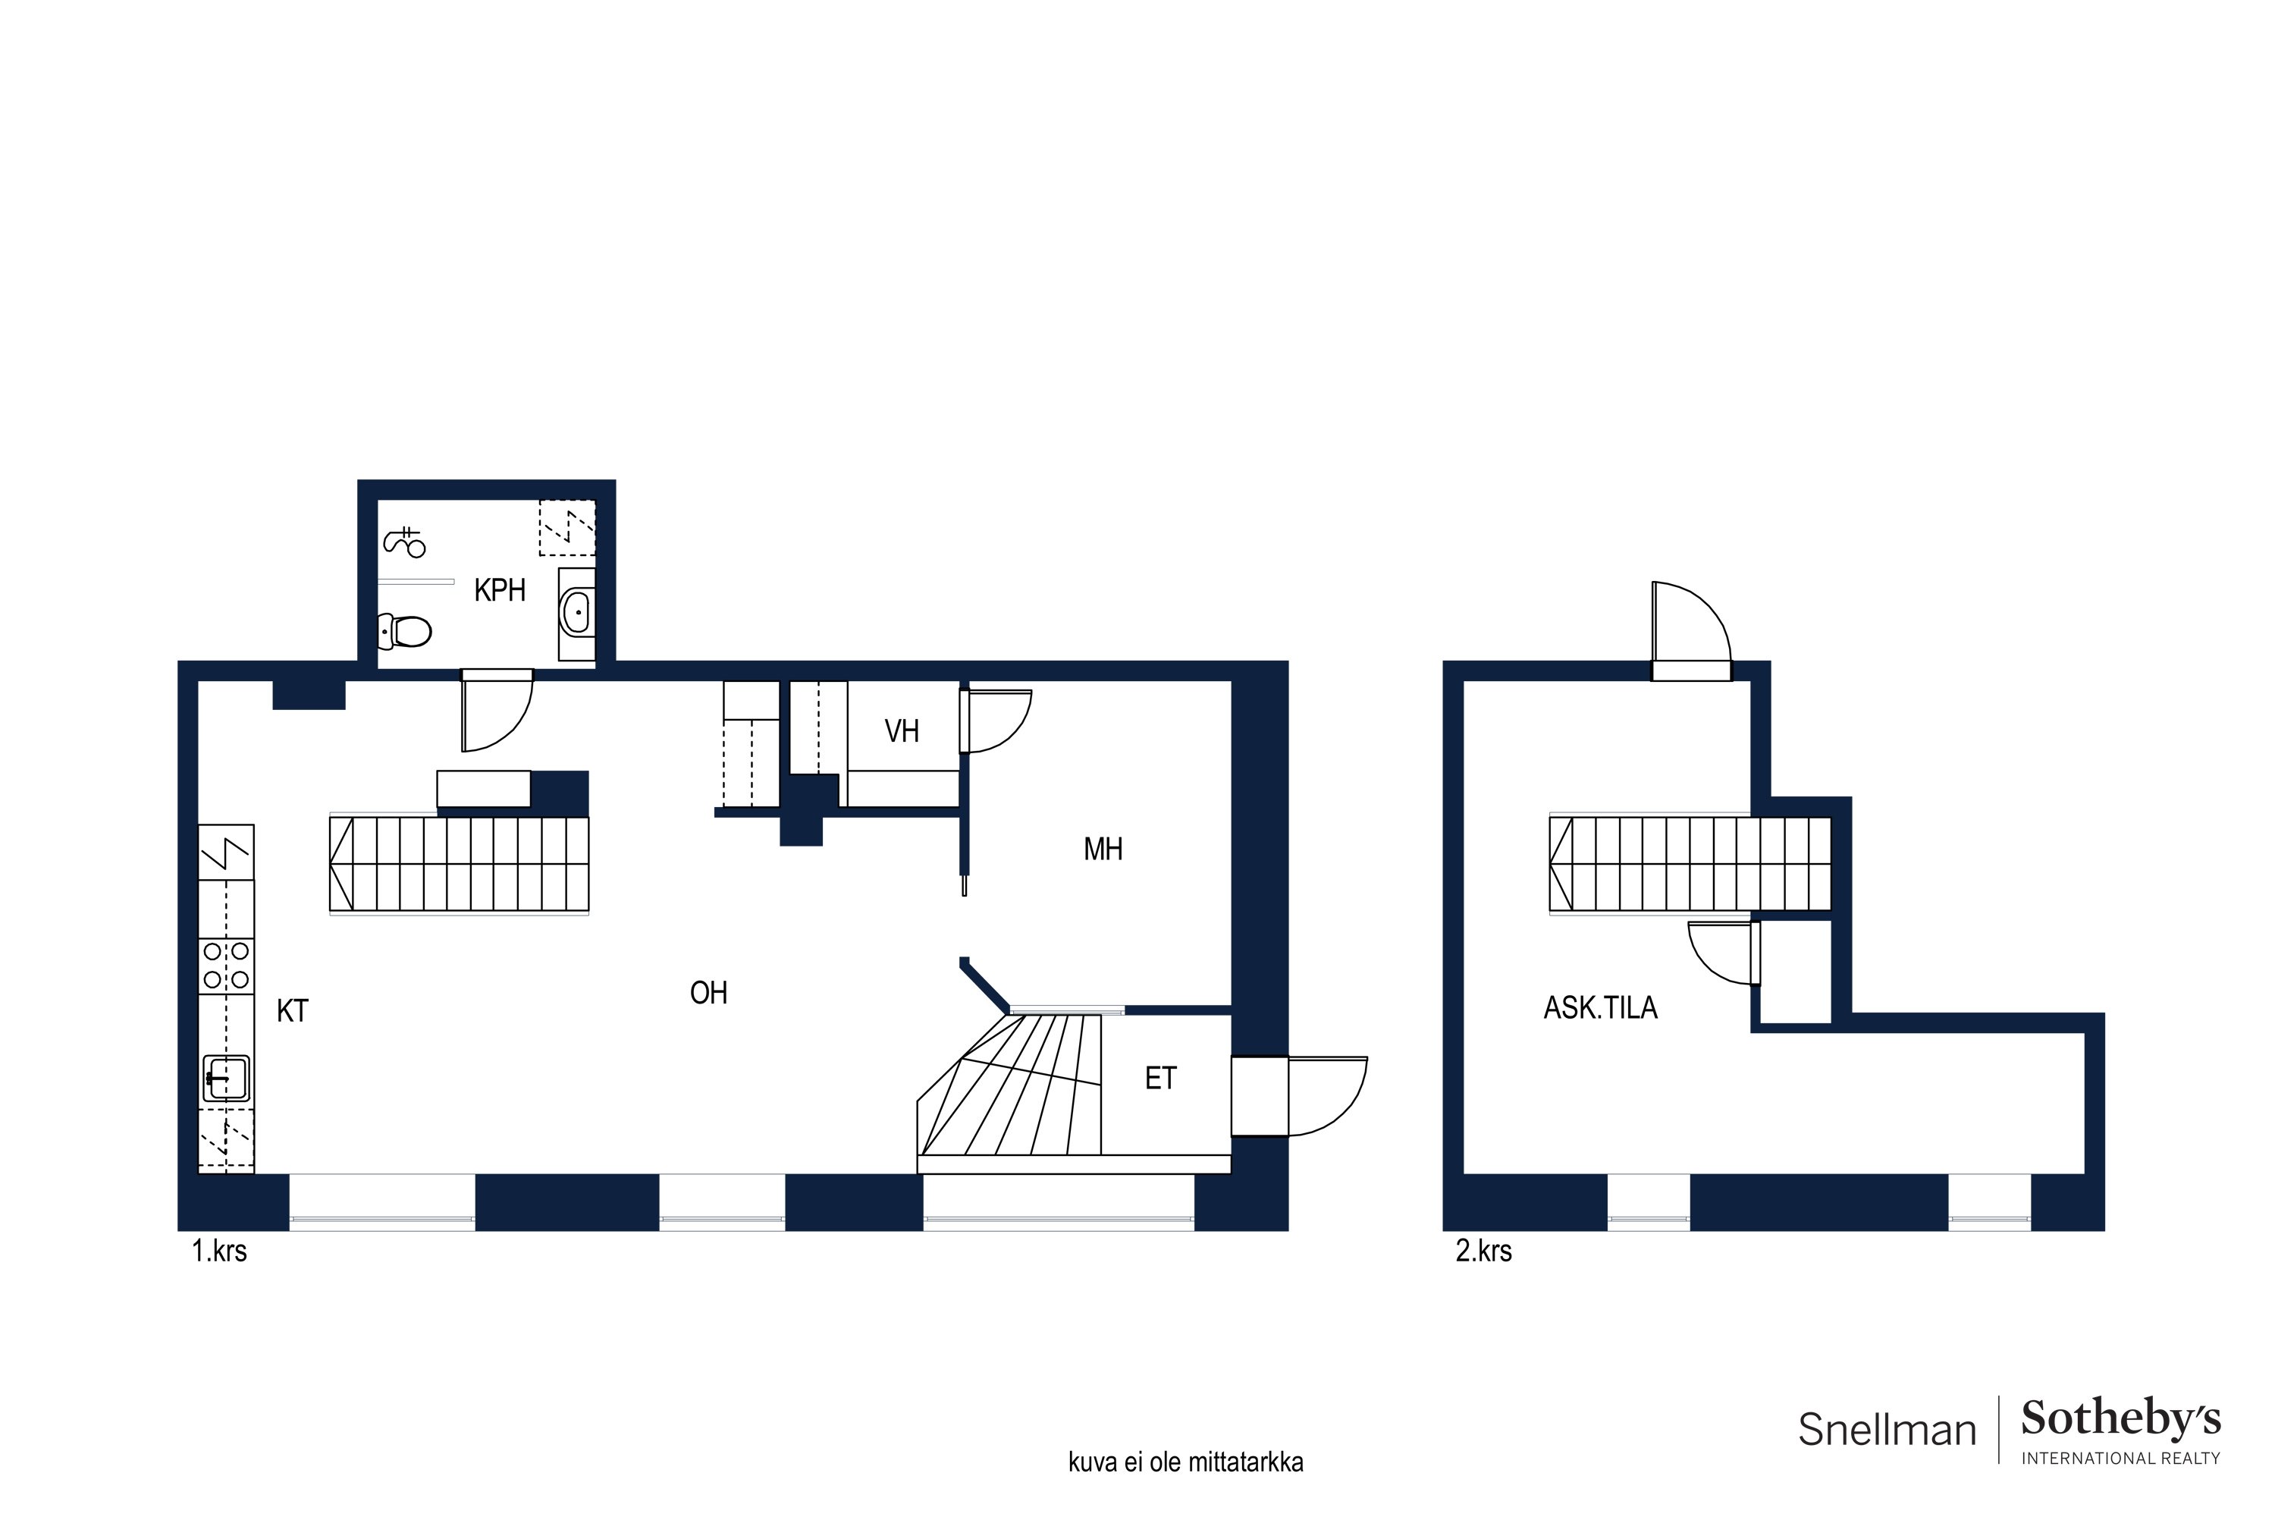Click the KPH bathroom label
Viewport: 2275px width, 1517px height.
[x=499, y=590]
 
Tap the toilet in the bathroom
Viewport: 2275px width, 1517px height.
[x=404, y=632]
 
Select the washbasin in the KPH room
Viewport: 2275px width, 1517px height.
[x=576, y=611]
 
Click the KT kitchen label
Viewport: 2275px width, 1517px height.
[x=292, y=1011]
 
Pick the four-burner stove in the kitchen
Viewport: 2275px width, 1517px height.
[x=226, y=966]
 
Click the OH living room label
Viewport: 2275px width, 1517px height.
[x=708, y=993]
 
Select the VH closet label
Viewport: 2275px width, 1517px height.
[x=902, y=731]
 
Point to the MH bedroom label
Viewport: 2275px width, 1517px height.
[x=1103, y=850]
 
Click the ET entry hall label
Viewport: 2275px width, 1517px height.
[x=1161, y=1079]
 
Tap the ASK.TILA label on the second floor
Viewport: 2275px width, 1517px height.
[x=1601, y=1008]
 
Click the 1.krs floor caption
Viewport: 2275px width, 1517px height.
[x=220, y=1252]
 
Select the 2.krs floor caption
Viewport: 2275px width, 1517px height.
[x=1484, y=1252]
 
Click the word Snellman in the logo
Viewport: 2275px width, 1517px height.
[x=1886, y=1430]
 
